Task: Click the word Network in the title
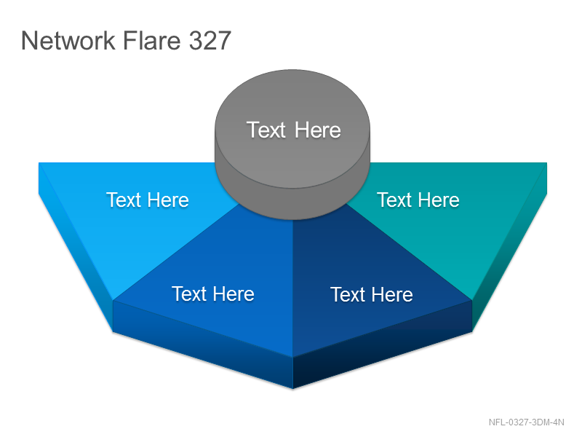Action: coord(68,40)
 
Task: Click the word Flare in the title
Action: coord(151,40)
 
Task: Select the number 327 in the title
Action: coord(210,40)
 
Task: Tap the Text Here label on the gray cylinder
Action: coord(294,130)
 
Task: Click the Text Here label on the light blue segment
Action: coord(148,200)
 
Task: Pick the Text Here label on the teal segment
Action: coord(418,200)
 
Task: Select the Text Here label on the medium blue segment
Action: coord(213,294)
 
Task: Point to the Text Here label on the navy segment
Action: coord(372,295)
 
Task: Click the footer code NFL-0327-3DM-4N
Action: coord(526,422)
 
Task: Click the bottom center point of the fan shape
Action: coord(293,389)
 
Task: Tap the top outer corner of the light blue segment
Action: coord(39,162)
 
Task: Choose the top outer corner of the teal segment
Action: coord(547,162)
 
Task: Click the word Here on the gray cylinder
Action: coord(318,130)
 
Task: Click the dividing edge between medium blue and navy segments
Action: coord(293,288)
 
